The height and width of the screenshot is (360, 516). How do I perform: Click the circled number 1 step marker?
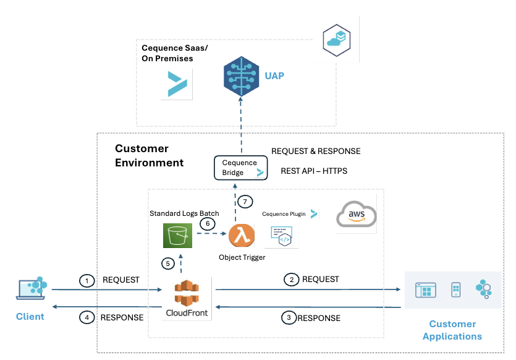pyautogui.click(x=87, y=281)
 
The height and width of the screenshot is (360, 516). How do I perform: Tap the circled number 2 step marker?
pyautogui.click(x=291, y=280)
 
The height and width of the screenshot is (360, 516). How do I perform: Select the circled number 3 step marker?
pyautogui.click(x=288, y=318)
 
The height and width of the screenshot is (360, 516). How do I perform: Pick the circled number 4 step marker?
pyautogui.click(x=87, y=318)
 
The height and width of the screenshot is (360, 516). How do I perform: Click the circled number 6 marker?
pyautogui.click(x=207, y=223)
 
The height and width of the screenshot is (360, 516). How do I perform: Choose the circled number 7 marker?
pyautogui.click(x=245, y=201)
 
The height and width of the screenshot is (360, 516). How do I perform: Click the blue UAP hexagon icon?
pyautogui.click(x=240, y=75)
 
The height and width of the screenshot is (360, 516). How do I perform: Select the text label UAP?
pyautogui.click(x=274, y=76)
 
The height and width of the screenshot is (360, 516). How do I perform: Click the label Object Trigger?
pyautogui.click(x=242, y=257)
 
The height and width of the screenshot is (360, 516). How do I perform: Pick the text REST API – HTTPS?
pyautogui.click(x=314, y=171)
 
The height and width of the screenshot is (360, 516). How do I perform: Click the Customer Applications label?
pyautogui.click(x=452, y=330)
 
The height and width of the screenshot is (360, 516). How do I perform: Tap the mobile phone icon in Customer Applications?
pyautogui.click(x=456, y=289)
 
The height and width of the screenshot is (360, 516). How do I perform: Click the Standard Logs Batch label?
pyautogui.click(x=184, y=213)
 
